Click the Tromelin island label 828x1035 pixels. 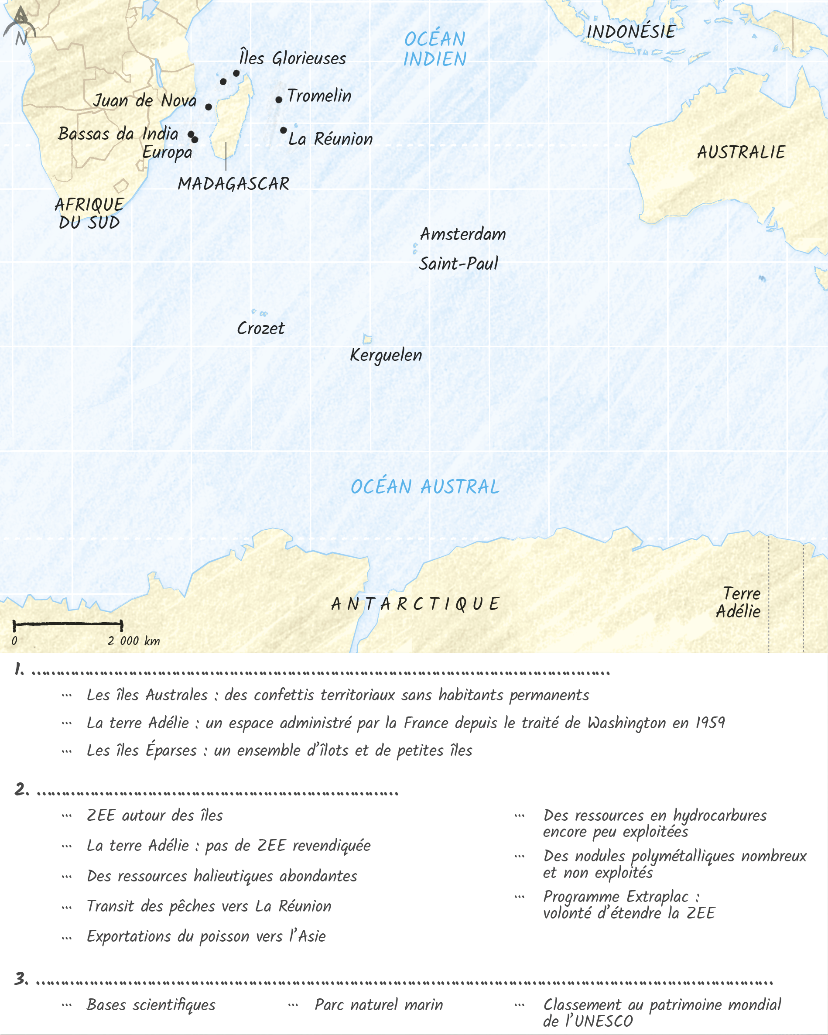tap(319, 96)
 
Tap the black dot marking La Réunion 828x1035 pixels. tap(284, 130)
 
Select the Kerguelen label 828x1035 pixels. tap(386, 356)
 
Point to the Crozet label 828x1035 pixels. tap(260, 329)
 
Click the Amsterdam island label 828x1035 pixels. tap(463, 234)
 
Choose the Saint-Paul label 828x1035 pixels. tap(458, 264)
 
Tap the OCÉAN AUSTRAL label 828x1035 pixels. tap(425, 487)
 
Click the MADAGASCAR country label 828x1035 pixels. tap(233, 184)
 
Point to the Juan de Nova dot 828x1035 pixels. tap(209, 106)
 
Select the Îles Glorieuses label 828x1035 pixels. tap(292, 58)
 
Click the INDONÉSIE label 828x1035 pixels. tap(631, 32)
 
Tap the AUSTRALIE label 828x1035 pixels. tap(741, 153)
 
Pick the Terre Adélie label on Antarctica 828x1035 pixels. tap(739, 603)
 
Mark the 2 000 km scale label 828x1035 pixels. tap(133, 641)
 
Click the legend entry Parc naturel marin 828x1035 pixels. tap(378, 1005)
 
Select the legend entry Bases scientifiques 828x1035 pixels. tap(151, 1005)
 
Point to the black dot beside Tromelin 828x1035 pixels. tap(279, 99)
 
